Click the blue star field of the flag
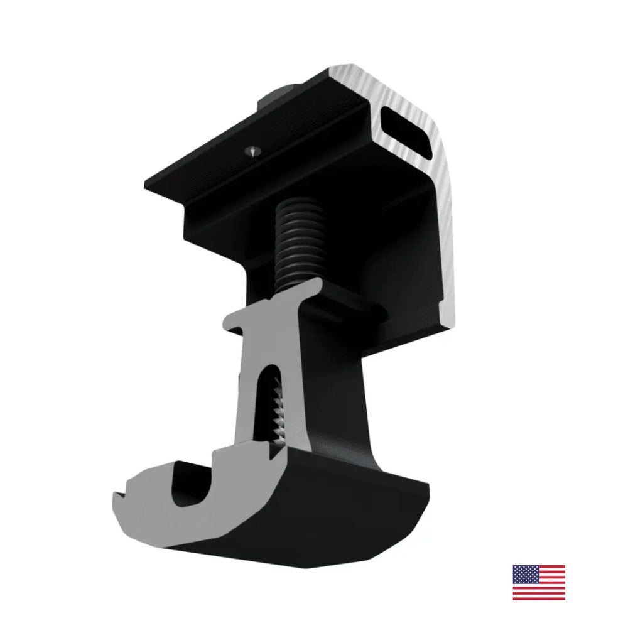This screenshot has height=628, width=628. (526, 575)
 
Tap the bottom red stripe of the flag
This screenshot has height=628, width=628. (539, 598)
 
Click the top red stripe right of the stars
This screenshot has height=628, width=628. (551, 568)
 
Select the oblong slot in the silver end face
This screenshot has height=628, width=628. (408, 129)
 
